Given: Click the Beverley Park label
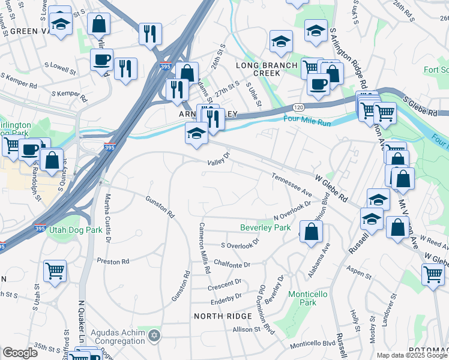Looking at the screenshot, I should coord(265,227).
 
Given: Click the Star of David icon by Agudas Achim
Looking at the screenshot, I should coord(154,335).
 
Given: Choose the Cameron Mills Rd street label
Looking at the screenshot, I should coord(205,248).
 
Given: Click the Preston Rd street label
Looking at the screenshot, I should coord(113,262).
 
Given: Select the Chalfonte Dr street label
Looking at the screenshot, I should coord(231,264).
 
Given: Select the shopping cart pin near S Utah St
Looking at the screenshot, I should coord(55,271).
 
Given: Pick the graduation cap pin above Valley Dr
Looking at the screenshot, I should coord(196,133).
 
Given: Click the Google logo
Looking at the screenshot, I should coord(20,353).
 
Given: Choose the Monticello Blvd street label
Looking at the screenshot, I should coord(312,344).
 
